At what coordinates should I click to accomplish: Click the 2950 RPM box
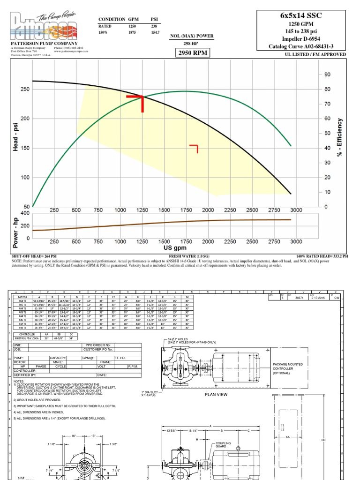point(191,53)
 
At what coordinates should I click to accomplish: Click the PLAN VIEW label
point(216,395)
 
